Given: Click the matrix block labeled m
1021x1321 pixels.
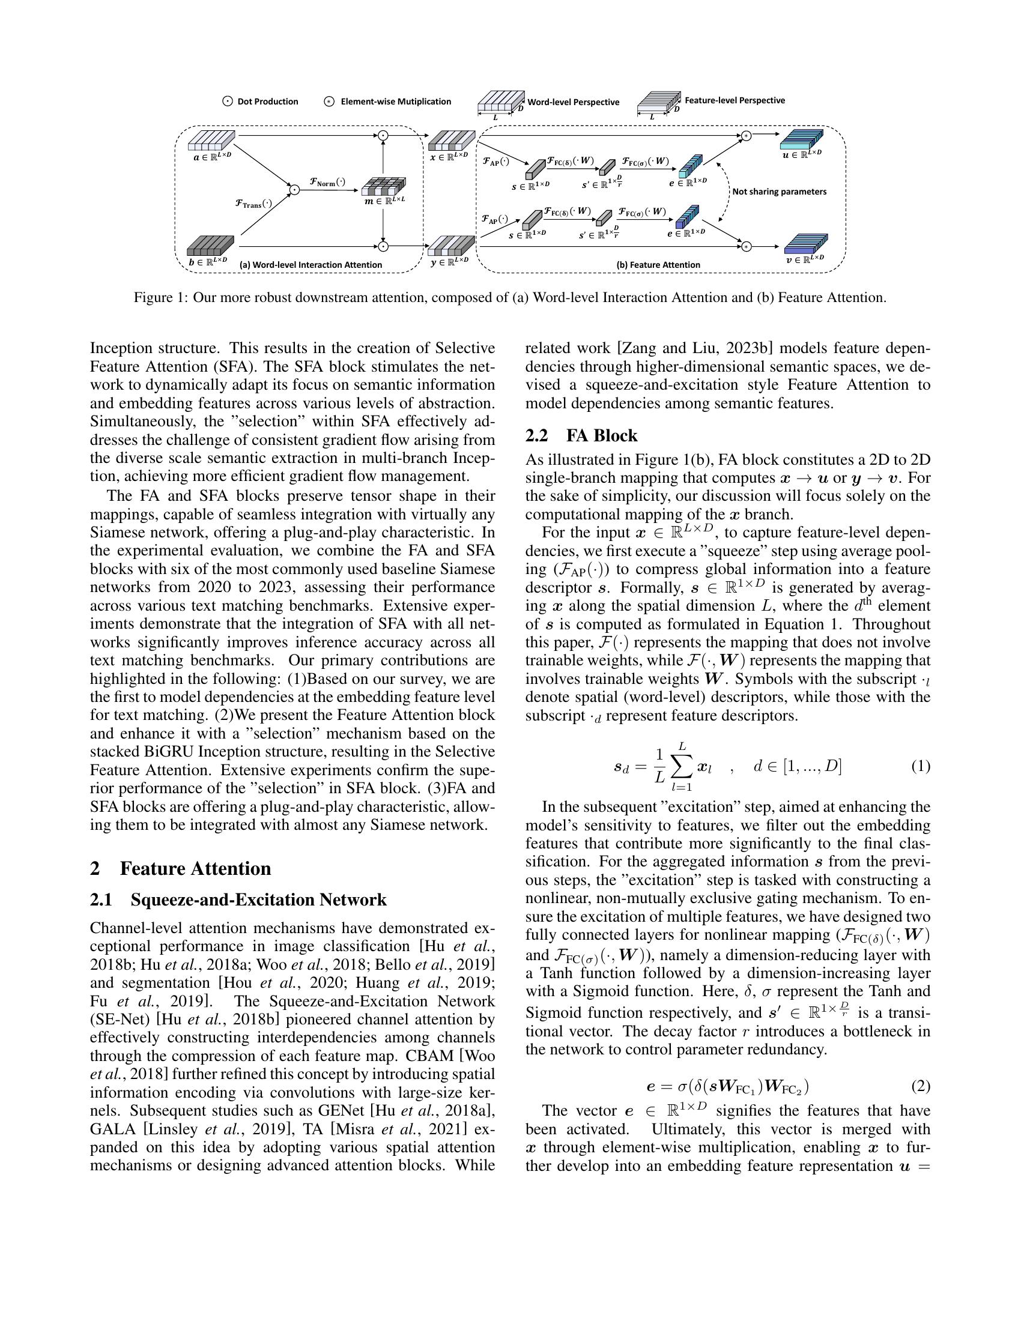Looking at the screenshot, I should [x=384, y=186].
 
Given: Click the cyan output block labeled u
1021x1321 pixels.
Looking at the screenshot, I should [x=801, y=140].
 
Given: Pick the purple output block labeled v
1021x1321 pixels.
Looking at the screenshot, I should [x=805, y=244].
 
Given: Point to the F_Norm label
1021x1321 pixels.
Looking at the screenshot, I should [x=327, y=181].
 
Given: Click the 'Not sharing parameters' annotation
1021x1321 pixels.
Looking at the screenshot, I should [x=779, y=192].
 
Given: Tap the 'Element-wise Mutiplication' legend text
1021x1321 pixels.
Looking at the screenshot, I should [x=396, y=101].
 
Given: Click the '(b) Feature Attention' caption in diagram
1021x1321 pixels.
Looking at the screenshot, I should [x=658, y=264].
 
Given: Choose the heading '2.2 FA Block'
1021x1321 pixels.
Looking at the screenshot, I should [x=581, y=435].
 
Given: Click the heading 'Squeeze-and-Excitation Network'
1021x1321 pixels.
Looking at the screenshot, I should [x=258, y=899].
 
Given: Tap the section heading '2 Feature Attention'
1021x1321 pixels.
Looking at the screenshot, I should [x=180, y=868].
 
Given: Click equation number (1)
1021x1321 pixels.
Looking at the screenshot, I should [x=920, y=766].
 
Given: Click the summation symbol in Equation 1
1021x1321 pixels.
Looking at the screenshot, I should [x=682, y=767].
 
